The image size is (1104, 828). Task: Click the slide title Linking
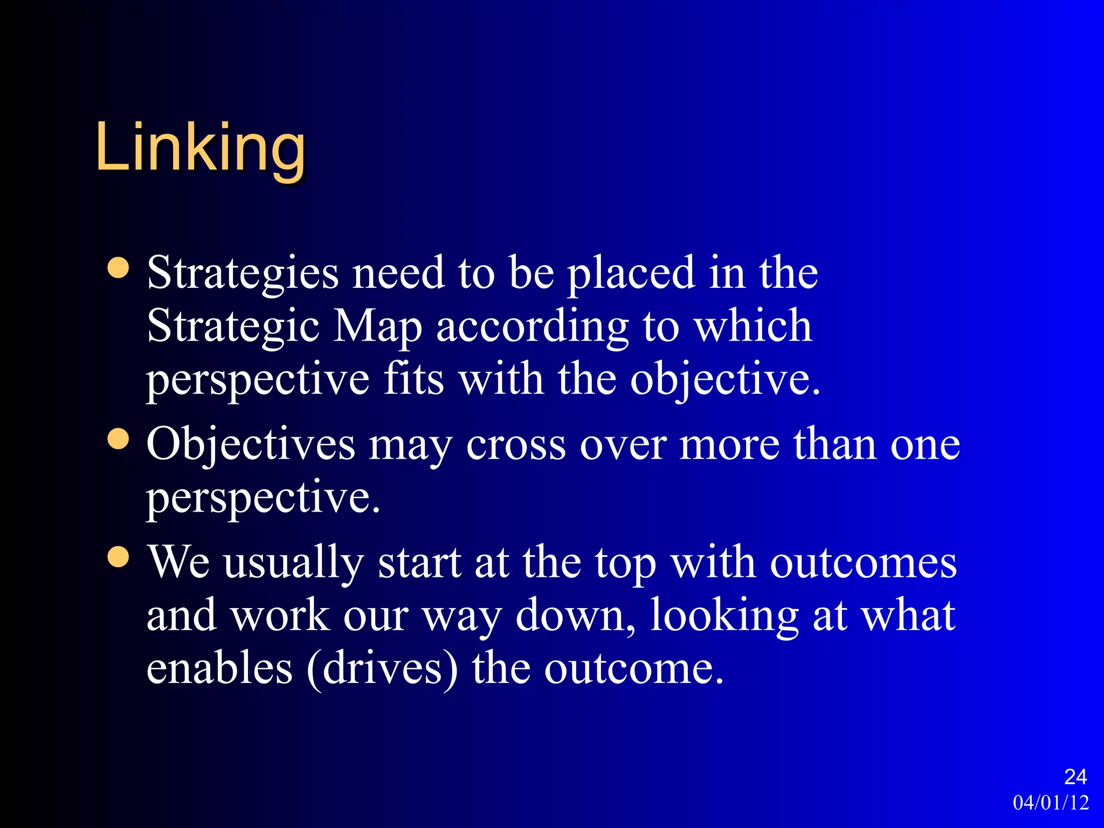pyautogui.click(x=200, y=148)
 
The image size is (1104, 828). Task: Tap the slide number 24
pyautogui.click(x=1075, y=777)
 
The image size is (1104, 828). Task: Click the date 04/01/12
pyautogui.click(x=1051, y=803)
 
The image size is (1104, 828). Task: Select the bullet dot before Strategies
pyautogui.click(x=118, y=268)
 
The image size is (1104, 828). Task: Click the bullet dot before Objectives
pyautogui.click(x=118, y=439)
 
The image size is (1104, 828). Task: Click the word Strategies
pyautogui.click(x=243, y=274)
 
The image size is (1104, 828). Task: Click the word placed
pyautogui.click(x=631, y=274)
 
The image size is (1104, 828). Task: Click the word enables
pyautogui.click(x=219, y=668)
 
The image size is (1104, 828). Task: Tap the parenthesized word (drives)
pyautogui.click(x=382, y=670)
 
